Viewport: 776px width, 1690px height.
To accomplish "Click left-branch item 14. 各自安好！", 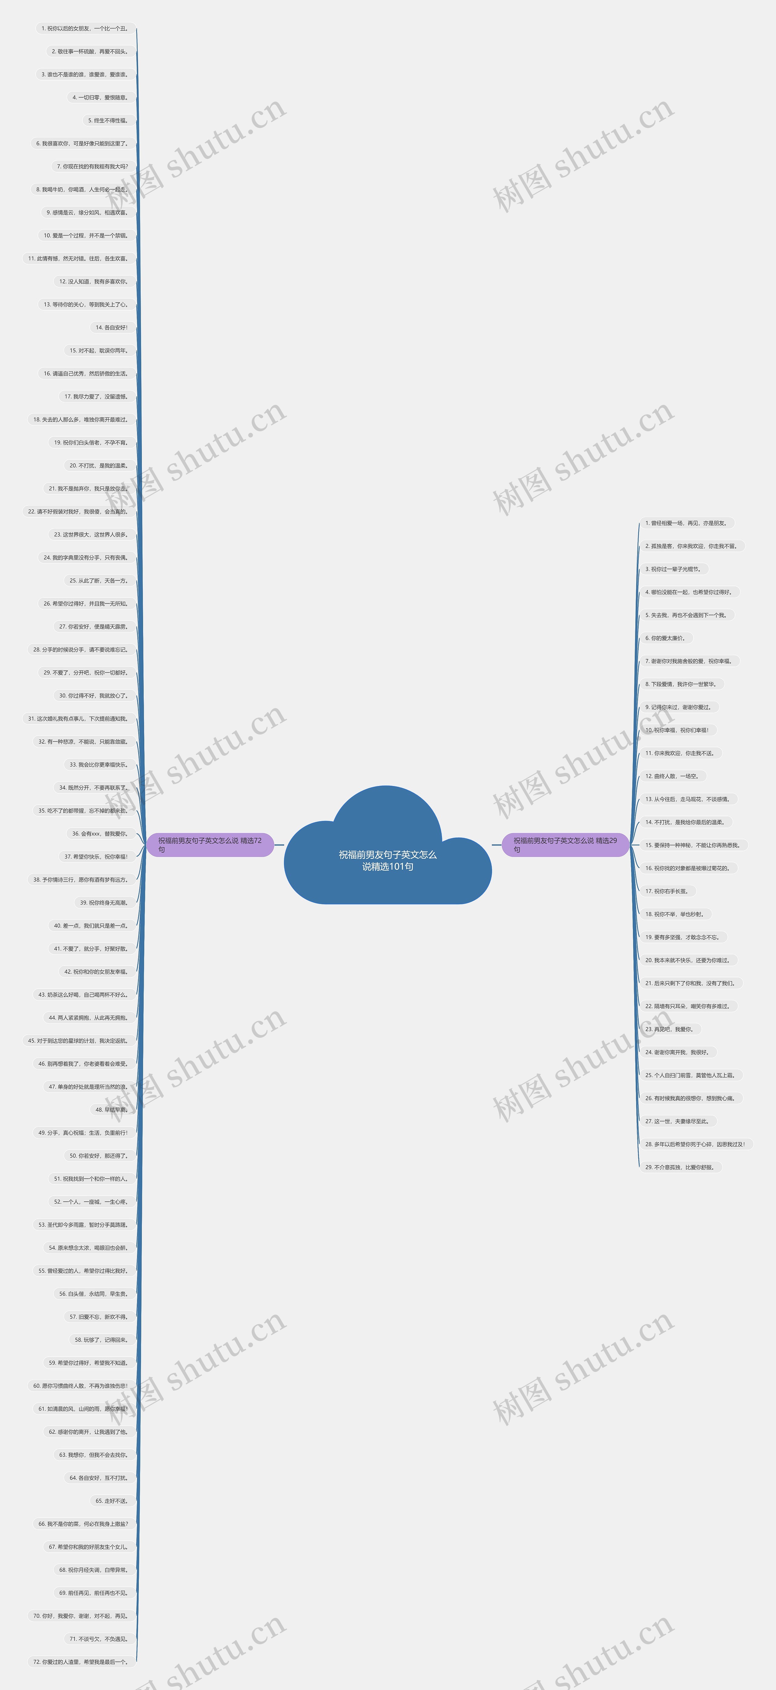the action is (112, 328).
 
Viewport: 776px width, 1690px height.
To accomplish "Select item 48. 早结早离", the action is (112, 1109).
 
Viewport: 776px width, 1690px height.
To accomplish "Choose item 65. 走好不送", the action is (112, 1500).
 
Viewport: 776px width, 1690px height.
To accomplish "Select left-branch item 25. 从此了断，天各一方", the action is (99, 581).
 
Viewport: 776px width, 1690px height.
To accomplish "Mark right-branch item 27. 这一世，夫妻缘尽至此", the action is (677, 1121).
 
